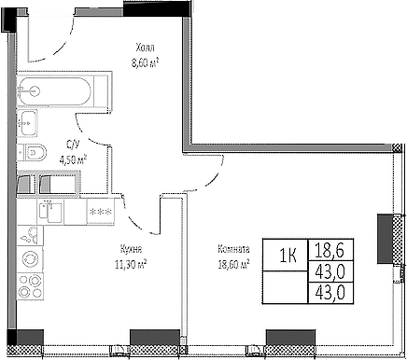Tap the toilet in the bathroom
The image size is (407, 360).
pos(36,152)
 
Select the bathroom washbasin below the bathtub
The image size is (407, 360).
pos(30,120)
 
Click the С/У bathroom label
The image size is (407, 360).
pos(72,144)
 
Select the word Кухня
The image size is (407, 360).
pos(132,249)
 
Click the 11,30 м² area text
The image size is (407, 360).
pos(132,264)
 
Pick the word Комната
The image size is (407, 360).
pos(232,249)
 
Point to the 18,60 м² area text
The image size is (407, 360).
pos(232,264)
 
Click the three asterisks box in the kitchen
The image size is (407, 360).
pos(97,213)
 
